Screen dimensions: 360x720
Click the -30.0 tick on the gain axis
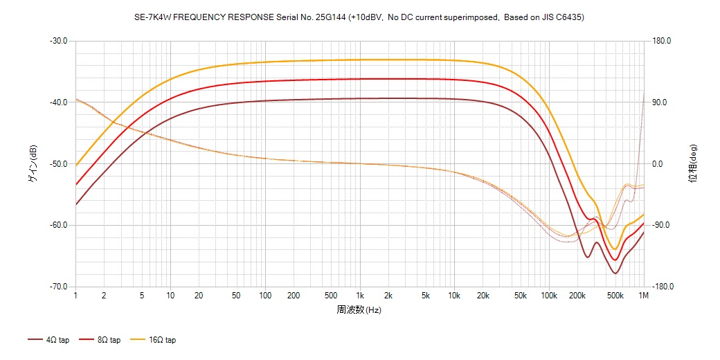(x=58, y=41)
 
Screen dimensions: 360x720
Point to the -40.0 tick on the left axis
(x=58, y=102)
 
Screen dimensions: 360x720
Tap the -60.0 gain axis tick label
(x=58, y=225)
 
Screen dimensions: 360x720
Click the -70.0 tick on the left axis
(x=58, y=287)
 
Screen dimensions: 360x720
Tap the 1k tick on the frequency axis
(x=359, y=296)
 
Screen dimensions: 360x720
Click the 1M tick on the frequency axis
(x=644, y=296)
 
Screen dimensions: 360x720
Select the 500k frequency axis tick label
(x=615, y=296)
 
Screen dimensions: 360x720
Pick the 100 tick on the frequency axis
(x=265, y=296)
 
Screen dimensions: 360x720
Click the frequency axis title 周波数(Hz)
(x=359, y=309)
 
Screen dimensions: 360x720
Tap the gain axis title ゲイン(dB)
(x=33, y=163)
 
